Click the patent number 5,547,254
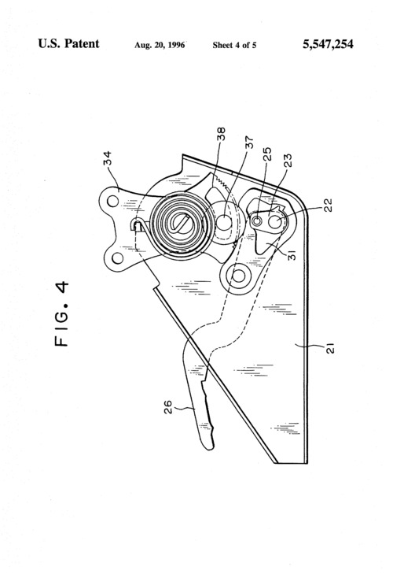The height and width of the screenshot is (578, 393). coord(328,45)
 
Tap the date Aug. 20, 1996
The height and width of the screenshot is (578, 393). coord(160,46)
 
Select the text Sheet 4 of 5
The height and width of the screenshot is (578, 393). coord(234,46)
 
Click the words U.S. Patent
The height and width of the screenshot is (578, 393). coord(68,43)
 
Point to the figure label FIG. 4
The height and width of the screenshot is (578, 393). coord(62,313)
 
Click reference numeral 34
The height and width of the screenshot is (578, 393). coord(108,158)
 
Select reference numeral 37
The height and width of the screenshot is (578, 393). coord(249,143)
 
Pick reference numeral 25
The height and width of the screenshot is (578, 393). coord(267,154)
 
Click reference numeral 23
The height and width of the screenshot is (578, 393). coord(288,161)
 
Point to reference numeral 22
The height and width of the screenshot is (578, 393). coord(328,205)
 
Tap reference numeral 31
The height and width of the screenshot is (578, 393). coord(292,255)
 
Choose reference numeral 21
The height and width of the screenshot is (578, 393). coord(330,348)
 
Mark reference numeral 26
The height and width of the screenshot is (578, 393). coord(167,407)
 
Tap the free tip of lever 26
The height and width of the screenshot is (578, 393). coord(209,447)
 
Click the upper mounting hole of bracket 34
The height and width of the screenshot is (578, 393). coord(112,202)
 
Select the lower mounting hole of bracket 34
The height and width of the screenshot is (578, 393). coord(117,258)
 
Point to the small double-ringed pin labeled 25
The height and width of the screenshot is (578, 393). coord(257,220)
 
